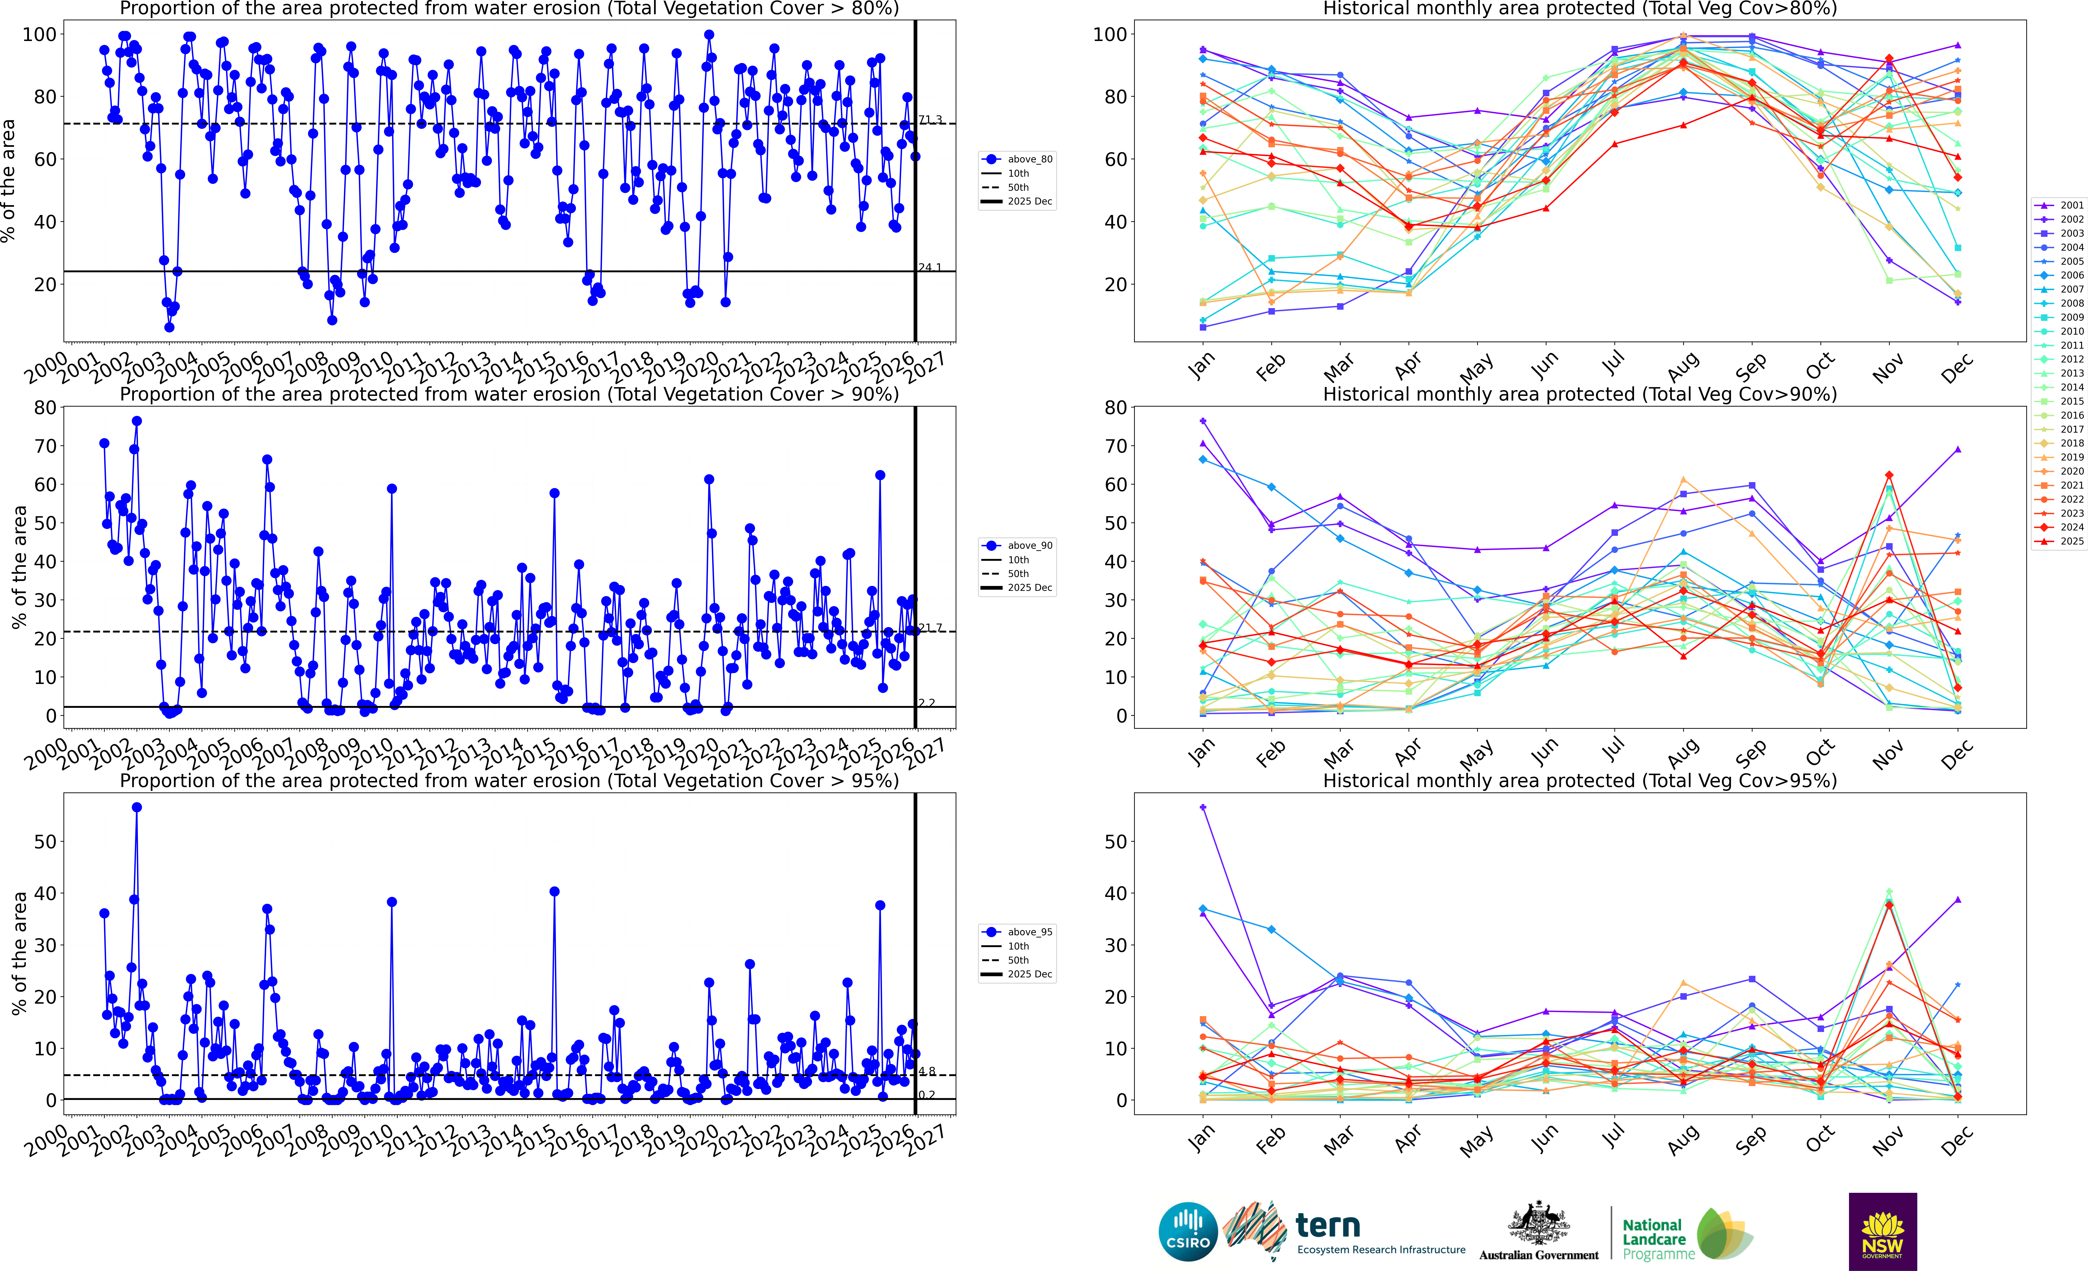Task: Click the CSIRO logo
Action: point(1188,1231)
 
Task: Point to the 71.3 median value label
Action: point(930,119)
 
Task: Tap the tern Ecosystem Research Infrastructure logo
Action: point(1347,1231)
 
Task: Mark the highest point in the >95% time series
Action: point(136,808)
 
